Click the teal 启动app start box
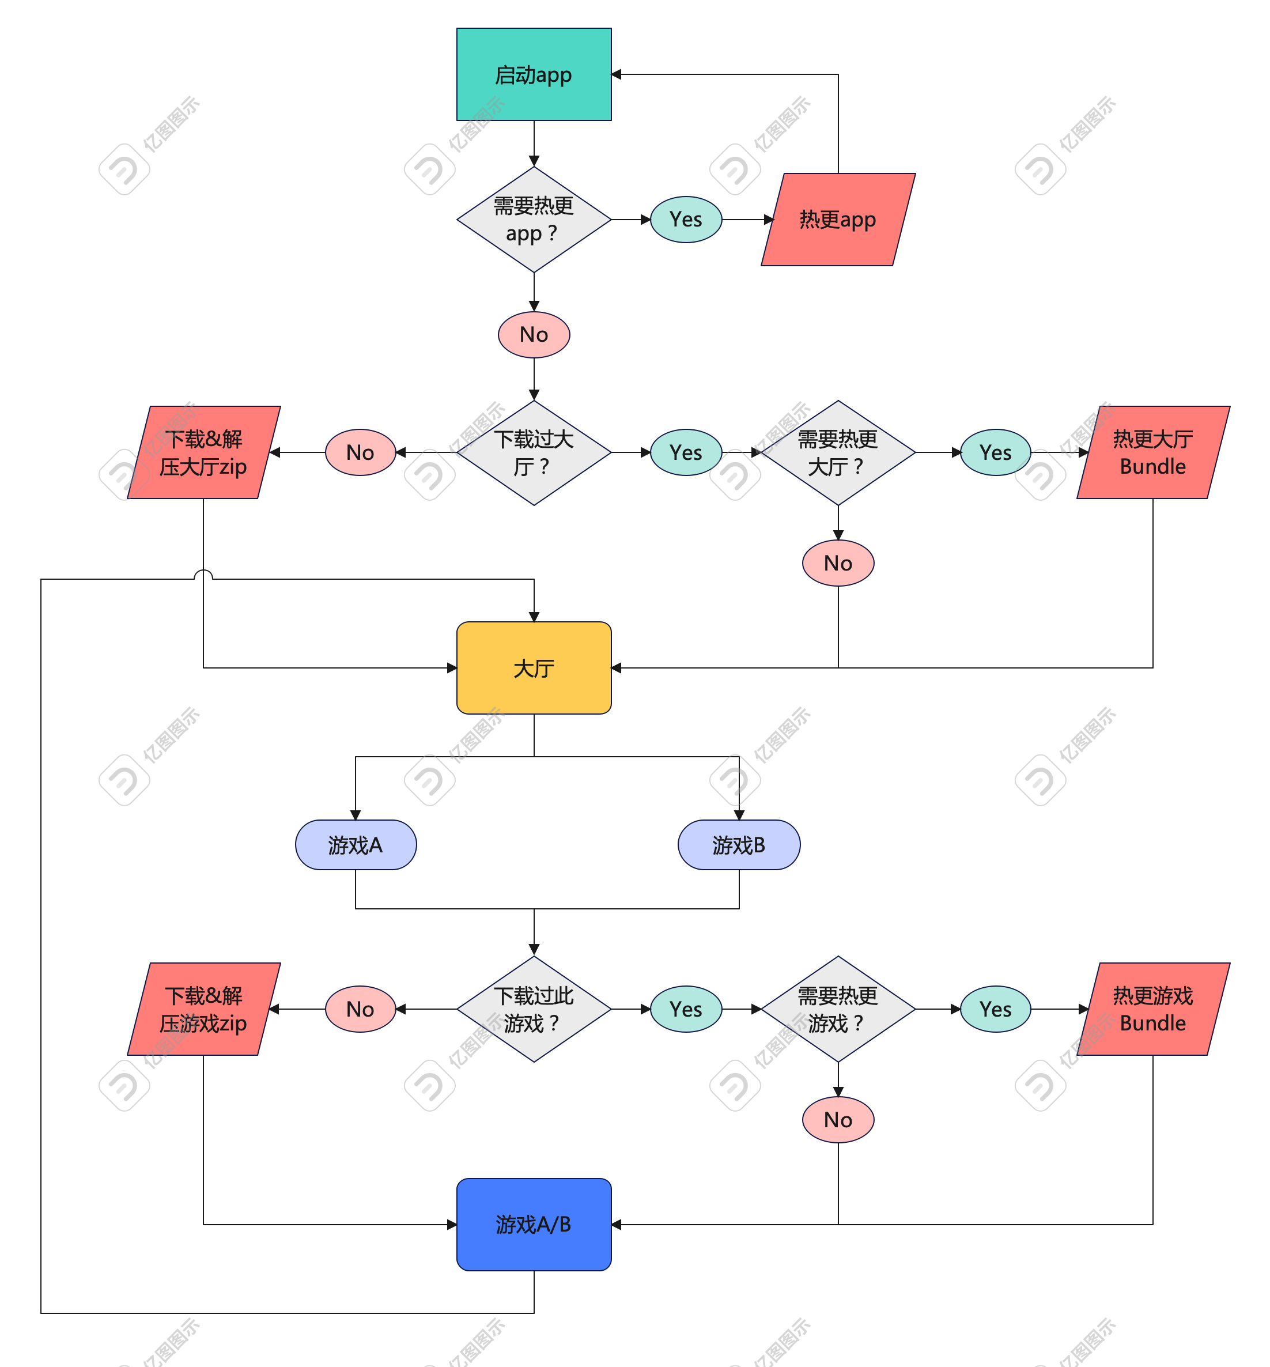pos(534,74)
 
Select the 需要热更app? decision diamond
pos(534,219)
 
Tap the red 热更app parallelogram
pos(838,219)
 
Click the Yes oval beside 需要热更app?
pos(686,219)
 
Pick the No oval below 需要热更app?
pos(534,335)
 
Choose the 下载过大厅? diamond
pos(534,452)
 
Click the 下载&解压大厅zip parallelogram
pos(203,452)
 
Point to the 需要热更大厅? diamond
pos(838,452)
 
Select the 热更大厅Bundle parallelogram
pos(1152,452)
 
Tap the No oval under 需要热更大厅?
pos(838,564)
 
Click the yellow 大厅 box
pos(534,668)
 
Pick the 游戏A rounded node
pos(356,845)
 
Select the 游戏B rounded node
pos(739,845)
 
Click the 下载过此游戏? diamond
pos(534,1009)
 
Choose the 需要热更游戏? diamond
pos(838,1009)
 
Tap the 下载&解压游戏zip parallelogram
pos(203,1009)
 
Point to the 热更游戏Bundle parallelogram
pos(1152,1009)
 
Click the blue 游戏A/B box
pos(534,1224)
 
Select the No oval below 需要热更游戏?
pos(838,1120)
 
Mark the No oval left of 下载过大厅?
pos(360,452)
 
